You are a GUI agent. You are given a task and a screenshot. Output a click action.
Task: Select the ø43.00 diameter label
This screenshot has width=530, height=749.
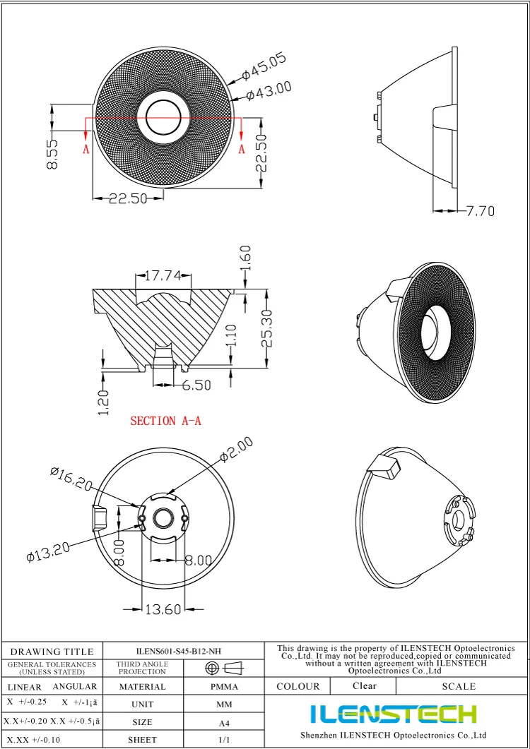(x=269, y=91)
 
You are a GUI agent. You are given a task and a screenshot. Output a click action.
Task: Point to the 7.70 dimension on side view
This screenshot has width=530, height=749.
(x=481, y=210)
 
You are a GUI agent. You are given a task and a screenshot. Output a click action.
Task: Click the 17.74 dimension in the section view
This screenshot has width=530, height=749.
(x=162, y=276)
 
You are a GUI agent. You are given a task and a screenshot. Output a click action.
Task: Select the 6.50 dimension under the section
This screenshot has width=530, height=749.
(x=196, y=385)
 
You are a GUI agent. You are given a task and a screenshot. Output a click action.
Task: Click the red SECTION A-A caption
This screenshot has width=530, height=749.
(x=165, y=421)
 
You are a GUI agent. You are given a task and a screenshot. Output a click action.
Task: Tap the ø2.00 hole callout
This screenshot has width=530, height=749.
(x=235, y=450)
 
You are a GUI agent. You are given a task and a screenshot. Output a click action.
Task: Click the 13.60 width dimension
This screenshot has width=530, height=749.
(x=163, y=609)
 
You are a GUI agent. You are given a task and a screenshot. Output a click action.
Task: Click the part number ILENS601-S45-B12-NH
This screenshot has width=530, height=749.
(x=184, y=652)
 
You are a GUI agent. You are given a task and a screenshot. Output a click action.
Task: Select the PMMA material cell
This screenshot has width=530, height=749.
(x=224, y=686)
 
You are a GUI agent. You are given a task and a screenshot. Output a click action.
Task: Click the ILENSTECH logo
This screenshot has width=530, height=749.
(x=393, y=714)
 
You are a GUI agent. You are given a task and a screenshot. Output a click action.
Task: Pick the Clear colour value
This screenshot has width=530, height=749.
(x=365, y=685)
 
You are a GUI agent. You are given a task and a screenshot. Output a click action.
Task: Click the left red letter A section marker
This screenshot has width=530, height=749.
(x=86, y=149)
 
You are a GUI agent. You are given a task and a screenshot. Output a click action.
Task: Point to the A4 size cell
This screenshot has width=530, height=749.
(x=224, y=723)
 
